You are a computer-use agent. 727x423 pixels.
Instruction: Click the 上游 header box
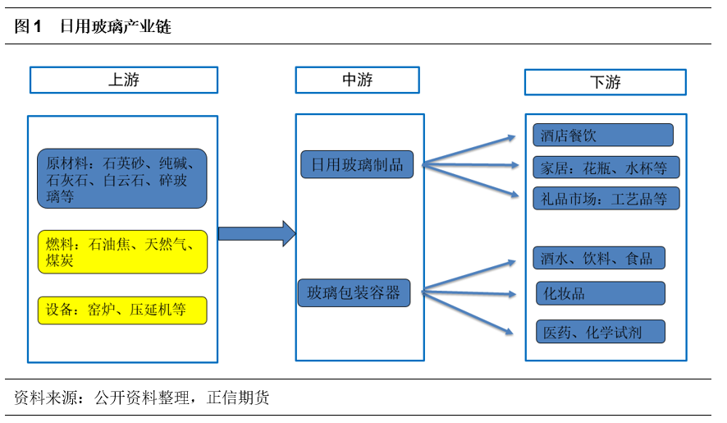(124, 80)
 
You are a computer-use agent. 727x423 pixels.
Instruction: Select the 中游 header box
(357, 80)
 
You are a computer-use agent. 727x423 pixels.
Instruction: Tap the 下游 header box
(605, 82)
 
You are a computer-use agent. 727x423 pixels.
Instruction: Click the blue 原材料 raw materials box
(122, 178)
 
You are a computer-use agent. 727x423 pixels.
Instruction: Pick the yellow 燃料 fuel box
(122, 252)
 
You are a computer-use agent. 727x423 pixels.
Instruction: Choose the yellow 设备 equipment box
(122, 310)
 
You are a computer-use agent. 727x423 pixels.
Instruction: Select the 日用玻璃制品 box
(357, 164)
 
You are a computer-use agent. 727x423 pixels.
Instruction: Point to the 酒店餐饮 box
(603, 135)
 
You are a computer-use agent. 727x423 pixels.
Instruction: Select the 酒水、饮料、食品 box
(599, 258)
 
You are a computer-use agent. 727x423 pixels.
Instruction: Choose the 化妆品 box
(601, 293)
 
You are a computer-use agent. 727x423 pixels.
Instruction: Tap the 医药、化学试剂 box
(601, 332)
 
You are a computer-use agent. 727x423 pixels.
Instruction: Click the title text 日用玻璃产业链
(116, 27)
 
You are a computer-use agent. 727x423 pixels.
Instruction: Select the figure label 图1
(28, 27)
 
